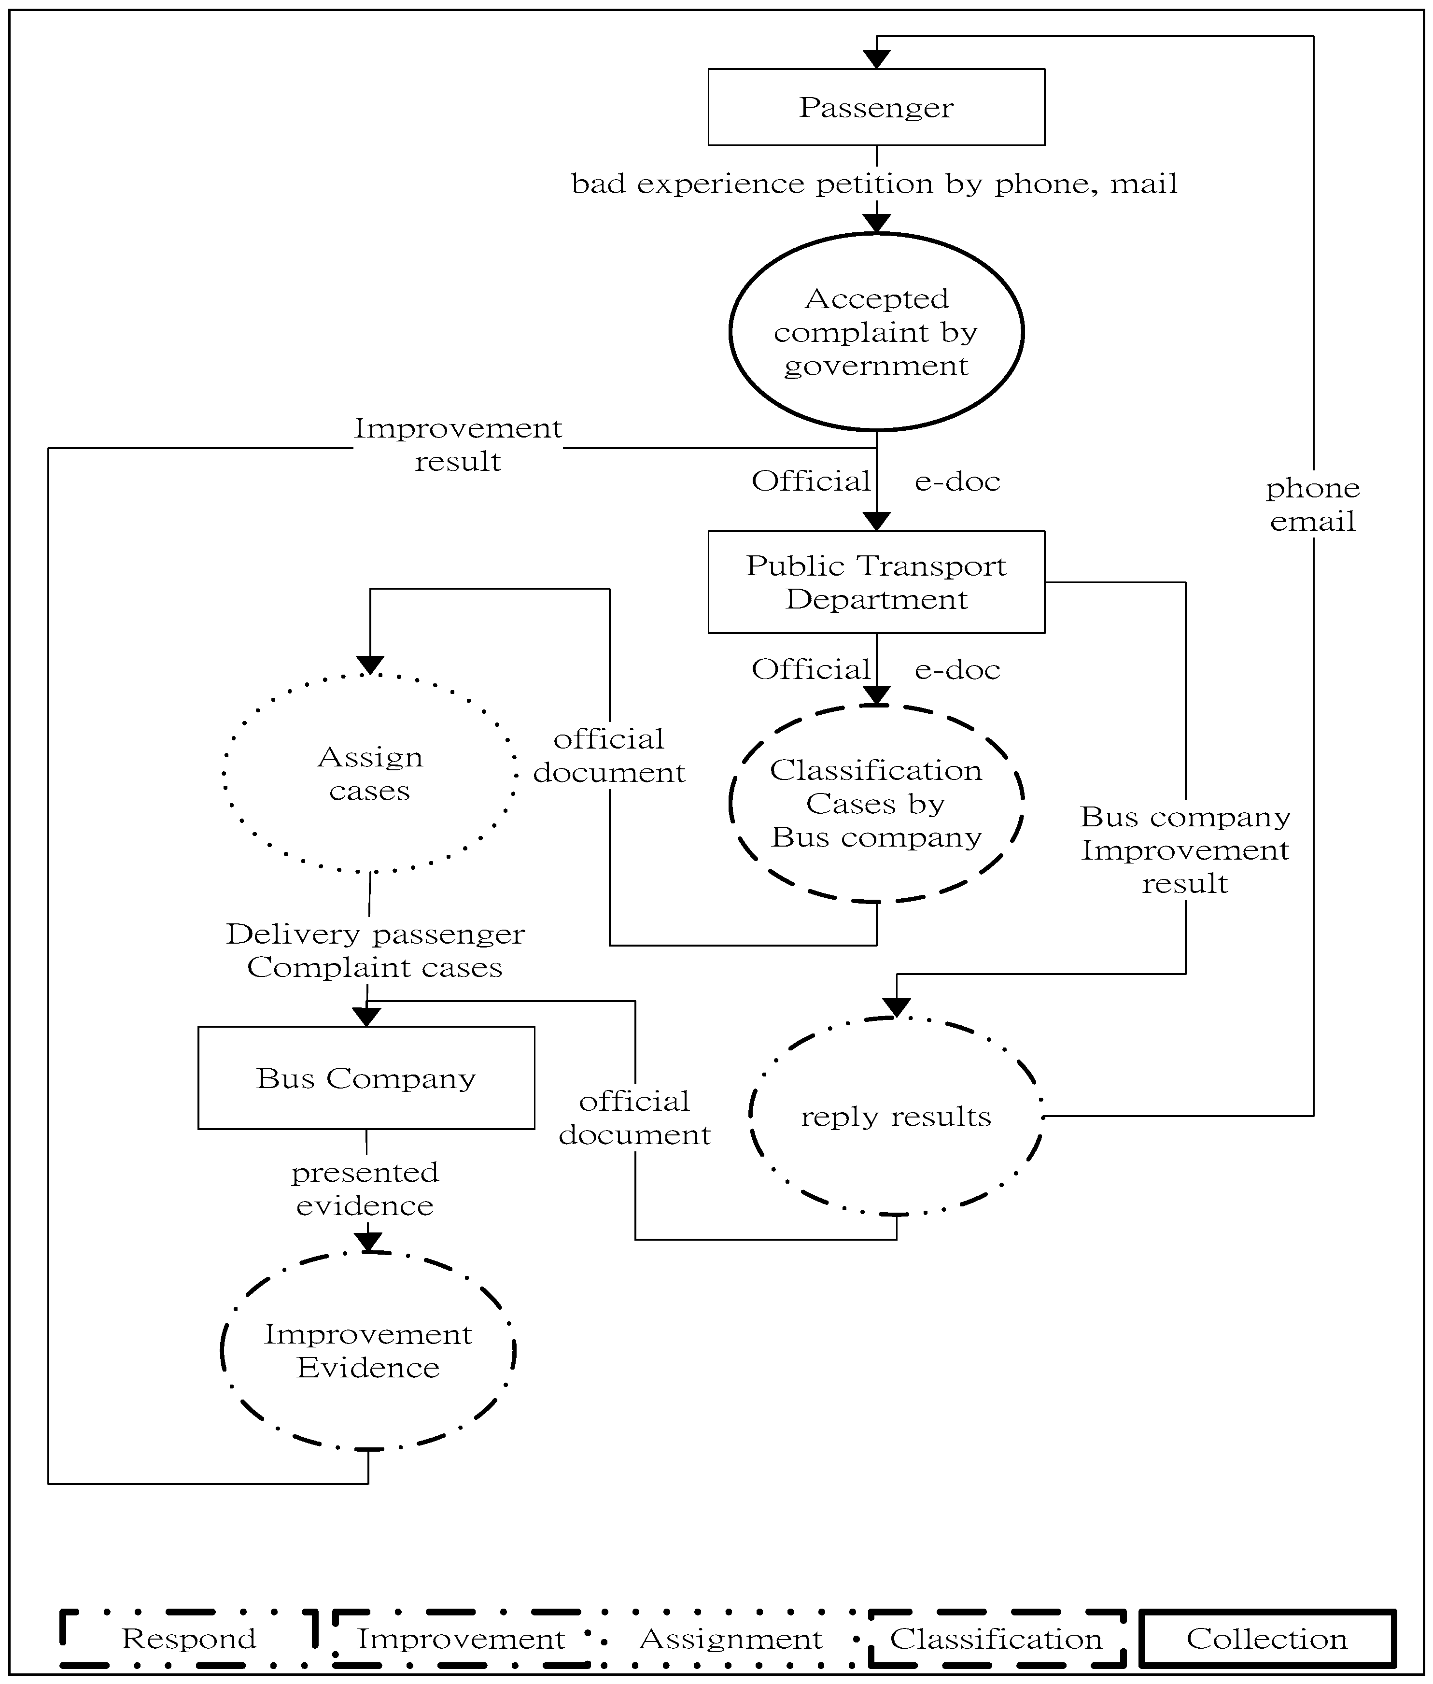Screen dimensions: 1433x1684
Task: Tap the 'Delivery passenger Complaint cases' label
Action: point(375,950)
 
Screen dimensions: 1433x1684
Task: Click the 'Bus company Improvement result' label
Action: point(1185,849)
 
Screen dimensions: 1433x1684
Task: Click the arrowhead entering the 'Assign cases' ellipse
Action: point(370,665)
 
